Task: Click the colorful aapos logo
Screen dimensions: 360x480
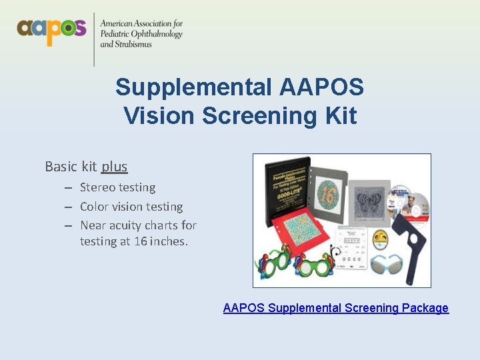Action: click(51, 30)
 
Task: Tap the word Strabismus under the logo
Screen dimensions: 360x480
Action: click(133, 45)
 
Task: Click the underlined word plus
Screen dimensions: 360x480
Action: click(114, 166)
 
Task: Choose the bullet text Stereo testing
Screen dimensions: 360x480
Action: click(117, 187)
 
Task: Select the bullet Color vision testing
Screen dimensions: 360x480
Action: click(131, 207)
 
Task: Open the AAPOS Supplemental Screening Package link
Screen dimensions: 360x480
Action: click(335, 308)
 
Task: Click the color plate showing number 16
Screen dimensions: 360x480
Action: click(327, 193)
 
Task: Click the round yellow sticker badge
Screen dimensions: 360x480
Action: click(381, 237)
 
